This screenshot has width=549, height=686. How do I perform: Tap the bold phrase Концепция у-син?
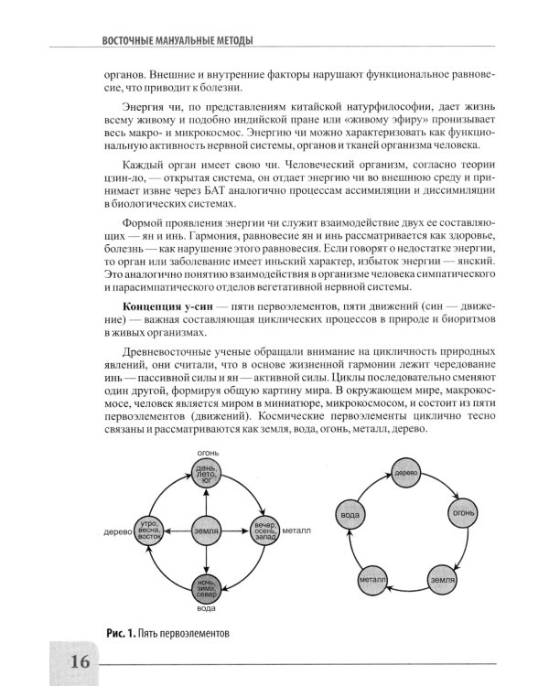pos(159,303)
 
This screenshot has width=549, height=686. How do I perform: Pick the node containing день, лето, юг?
pos(207,474)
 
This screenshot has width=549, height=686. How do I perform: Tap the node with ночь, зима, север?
pos(207,586)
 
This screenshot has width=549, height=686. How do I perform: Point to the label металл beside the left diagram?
pos(297,531)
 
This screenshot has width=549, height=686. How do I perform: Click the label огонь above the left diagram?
pos(207,453)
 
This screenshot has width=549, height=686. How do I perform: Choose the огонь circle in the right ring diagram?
pos(461,514)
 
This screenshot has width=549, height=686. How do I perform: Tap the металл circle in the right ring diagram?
pos(371,579)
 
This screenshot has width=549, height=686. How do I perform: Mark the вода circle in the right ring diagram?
pos(350,514)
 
